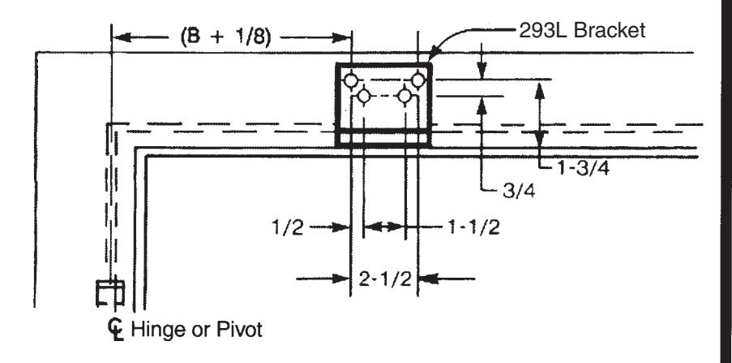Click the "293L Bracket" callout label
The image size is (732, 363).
click(x=582, y=30)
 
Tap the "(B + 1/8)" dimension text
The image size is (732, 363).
click(x=225, y=37)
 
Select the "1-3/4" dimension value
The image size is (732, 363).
click(x=583, y=168)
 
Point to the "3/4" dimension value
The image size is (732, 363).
click(x=519, y=192)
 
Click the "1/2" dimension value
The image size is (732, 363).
click(x=288, y=228)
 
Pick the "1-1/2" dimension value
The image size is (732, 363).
click(x=474, y=227)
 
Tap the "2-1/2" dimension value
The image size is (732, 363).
click(x=385, y=279)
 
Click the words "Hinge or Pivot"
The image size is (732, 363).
click(x=196, y=330)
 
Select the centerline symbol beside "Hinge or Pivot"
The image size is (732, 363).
click(x=115, y=329)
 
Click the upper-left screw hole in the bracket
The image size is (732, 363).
click(x=351, y=80)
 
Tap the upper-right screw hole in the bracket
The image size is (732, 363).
click(x=417, y=80)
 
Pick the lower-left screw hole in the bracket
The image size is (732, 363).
click(x=364, y=96)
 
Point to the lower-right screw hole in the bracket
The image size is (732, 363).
click(x=405, y=96)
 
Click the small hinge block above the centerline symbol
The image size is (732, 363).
click(x=110, y=293)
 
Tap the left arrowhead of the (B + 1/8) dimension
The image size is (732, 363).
click(x=121, y=37)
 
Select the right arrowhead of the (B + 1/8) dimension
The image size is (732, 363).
click(x=342, y=37)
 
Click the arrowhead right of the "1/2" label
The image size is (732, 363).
click(x=342, y=227)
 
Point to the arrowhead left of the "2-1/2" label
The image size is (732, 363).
click(x=341, y=279)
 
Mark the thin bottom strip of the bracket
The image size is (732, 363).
click(x=383, y=139)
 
